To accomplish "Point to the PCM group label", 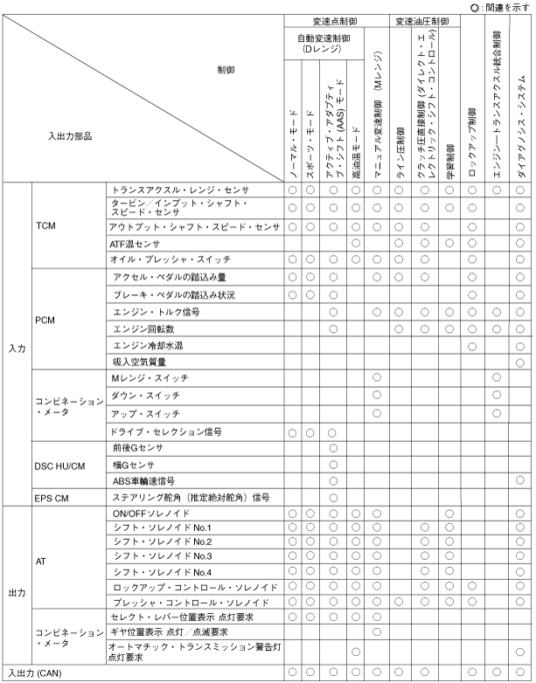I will (x=46, y=321).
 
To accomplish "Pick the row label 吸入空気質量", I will (x=138, y=360).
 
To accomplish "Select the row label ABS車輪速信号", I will (x=144, y=480).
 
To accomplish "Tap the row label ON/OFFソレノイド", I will (x=150, y=513).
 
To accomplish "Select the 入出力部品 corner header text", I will (x=71, y=135).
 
